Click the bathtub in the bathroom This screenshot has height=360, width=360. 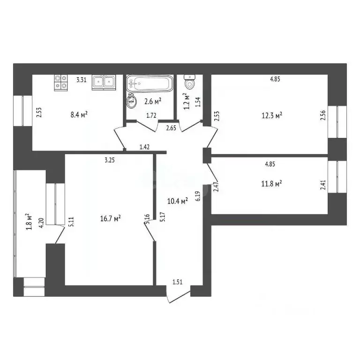click(150, 84)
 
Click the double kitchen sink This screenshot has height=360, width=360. click(104, 82)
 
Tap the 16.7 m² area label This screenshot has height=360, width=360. click(111, 218)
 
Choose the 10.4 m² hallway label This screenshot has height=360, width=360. click(178, 201)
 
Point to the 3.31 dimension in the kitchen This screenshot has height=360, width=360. click(81, 80)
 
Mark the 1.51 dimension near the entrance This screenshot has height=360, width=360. click(178, 282)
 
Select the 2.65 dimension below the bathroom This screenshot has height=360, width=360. click(171, 127)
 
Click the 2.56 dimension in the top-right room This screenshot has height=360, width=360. click(322, 116)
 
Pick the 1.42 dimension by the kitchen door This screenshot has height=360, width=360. click(144, 147)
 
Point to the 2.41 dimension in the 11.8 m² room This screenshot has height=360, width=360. click(322, 185)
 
